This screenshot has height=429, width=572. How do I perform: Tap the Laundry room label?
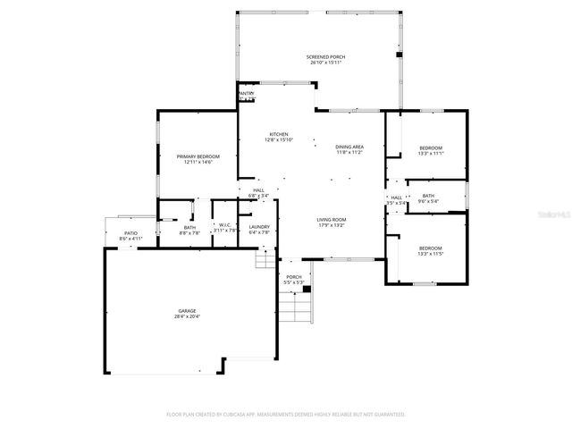[259, 228]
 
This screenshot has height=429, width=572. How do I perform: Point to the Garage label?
[187, 311]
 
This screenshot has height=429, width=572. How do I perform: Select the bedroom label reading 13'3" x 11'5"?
[431, 250]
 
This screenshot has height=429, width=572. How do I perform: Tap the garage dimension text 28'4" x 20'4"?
[187, 315]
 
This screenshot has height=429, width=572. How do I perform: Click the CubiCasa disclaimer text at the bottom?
[286, 415]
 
